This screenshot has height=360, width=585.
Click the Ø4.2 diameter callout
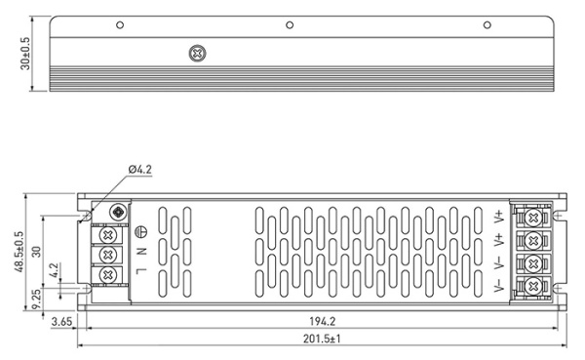tap(140, 171)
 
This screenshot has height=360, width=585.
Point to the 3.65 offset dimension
tap(60, 320)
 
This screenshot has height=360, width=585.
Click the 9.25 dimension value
tap(37, 296)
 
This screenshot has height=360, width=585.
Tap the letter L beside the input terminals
tap(139, 270)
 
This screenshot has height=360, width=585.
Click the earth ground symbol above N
tap(139, 231)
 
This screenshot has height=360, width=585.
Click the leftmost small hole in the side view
tap(120, 23)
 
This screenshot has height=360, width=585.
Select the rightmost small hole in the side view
tap(487, 23)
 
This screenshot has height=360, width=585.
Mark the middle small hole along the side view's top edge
tap(290, 23)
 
